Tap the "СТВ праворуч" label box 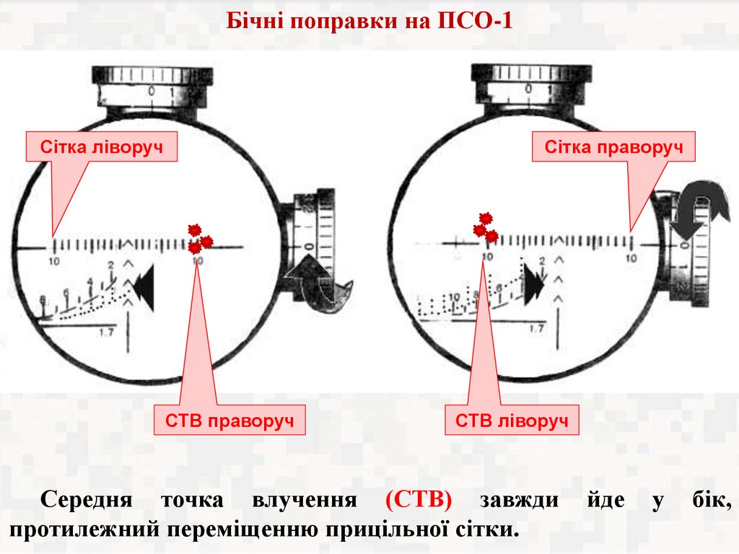pyautogui.click(x=229, y=421)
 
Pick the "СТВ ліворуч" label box pyautogui.click(x=517, y=421)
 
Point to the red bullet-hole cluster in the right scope pyautogui.click(x=486, y=227)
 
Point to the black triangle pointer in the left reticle pyautogui.click(x=144, y=287)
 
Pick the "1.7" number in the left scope pyautogui.click(x=107, y=333)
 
